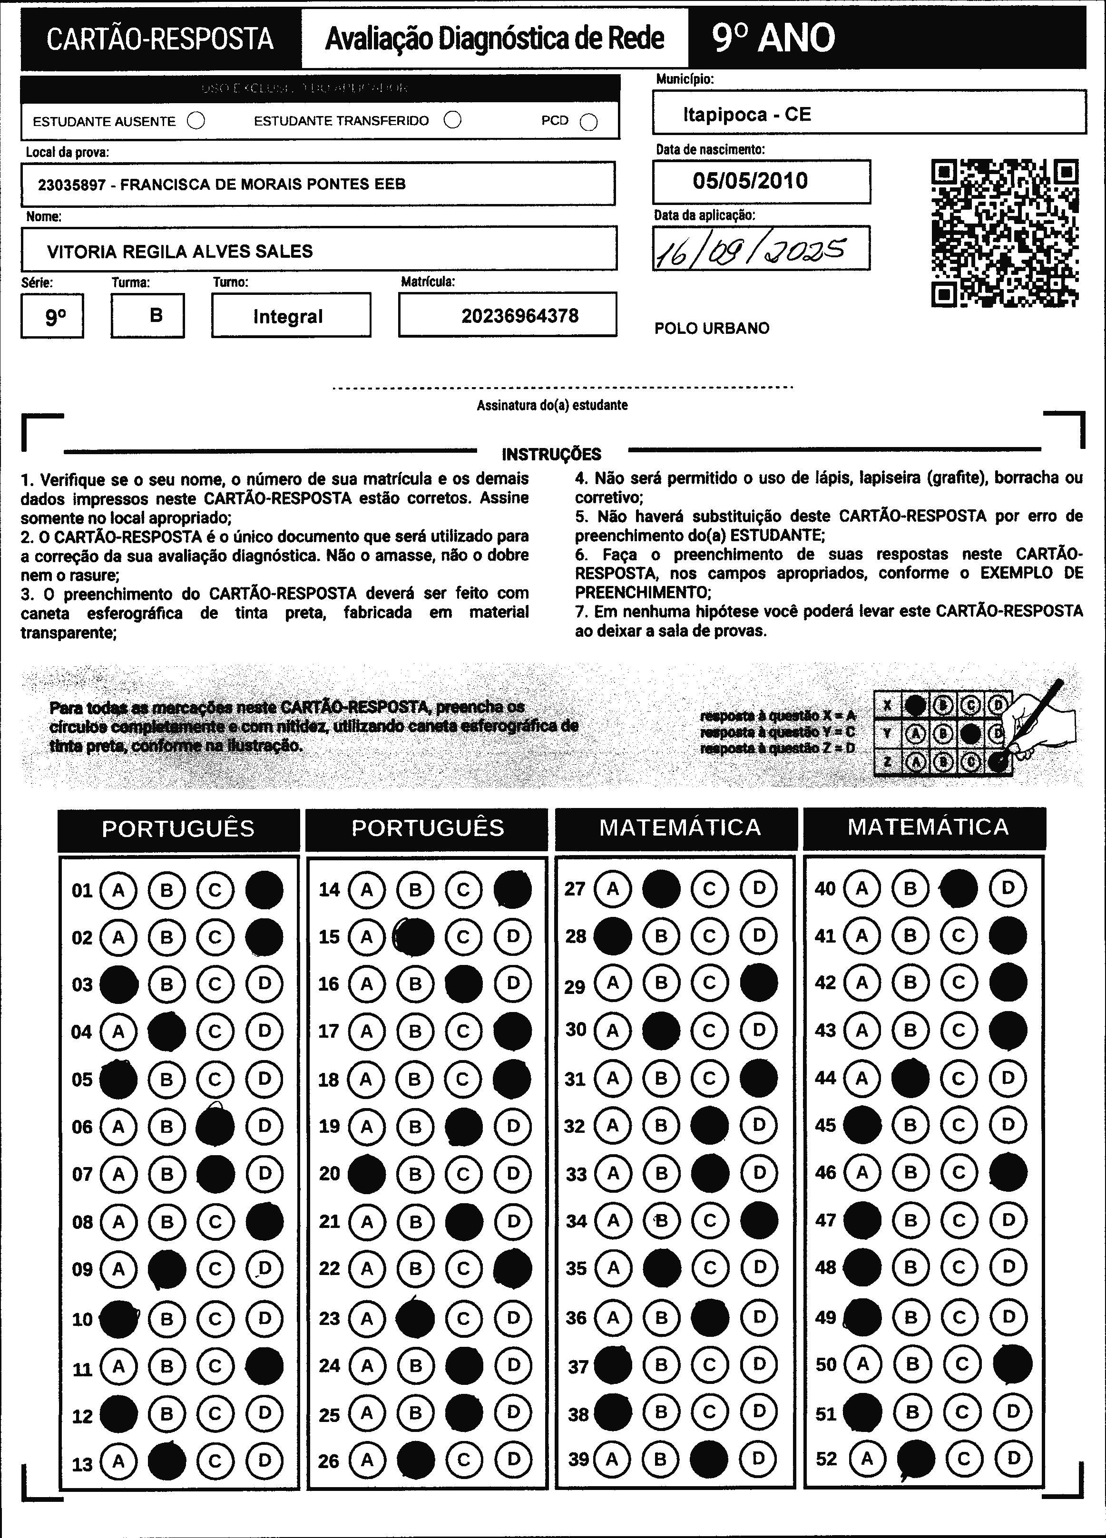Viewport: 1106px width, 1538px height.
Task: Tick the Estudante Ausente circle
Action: point(196,121)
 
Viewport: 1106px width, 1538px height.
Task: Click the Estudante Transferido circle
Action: point(452,120)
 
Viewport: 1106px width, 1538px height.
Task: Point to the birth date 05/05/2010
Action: point(750,181)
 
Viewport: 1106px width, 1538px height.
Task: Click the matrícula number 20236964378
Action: point(519,315)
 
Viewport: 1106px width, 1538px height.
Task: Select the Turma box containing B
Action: point(148,315)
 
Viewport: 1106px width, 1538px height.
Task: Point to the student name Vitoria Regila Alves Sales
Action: point(180,252)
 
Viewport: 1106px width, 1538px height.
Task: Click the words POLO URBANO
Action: point(711,328)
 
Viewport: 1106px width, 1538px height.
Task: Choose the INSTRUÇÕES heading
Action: point(551,454)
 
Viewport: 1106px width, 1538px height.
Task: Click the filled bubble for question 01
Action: point(264,890)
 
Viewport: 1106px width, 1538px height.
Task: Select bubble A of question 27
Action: point(612,888)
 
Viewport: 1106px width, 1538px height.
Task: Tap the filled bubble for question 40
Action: point(959,888)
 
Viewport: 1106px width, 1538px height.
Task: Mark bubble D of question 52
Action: point(1013,1458)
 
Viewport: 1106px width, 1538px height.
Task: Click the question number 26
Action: point(328,1460)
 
